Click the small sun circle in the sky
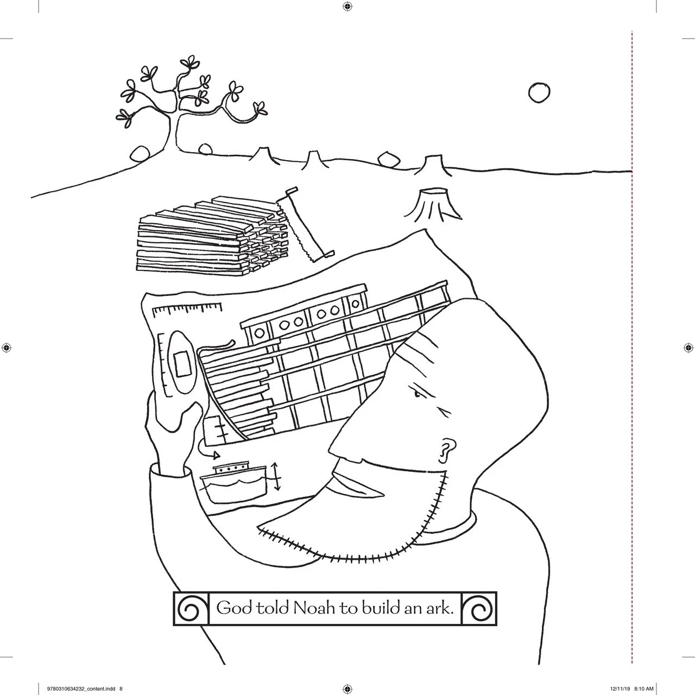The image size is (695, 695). (x=539, y=92)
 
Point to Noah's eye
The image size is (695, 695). (x=417, y=394)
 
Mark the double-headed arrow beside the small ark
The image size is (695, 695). (x=277, y=476)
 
